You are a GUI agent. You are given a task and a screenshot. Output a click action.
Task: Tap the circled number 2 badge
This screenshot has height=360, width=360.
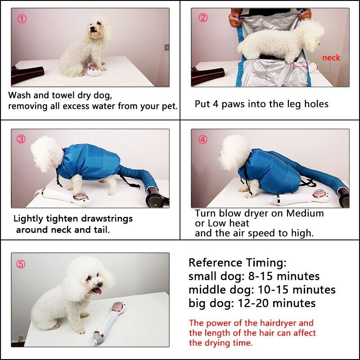203,18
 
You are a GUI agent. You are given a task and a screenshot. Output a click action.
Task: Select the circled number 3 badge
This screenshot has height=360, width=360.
21,139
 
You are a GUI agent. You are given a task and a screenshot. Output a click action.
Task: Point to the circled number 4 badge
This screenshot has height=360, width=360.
203,139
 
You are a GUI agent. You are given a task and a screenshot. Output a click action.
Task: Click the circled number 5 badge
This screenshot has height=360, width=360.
21,264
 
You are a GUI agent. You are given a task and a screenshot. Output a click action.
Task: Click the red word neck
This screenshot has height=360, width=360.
331,58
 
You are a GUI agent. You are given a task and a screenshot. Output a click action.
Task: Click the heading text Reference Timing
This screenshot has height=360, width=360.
237,263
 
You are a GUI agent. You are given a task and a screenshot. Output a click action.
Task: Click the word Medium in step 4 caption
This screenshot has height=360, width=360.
305,213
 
